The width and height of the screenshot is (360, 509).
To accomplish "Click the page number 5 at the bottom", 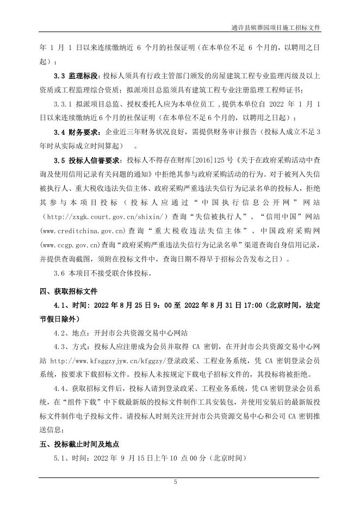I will tap(176, 482).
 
